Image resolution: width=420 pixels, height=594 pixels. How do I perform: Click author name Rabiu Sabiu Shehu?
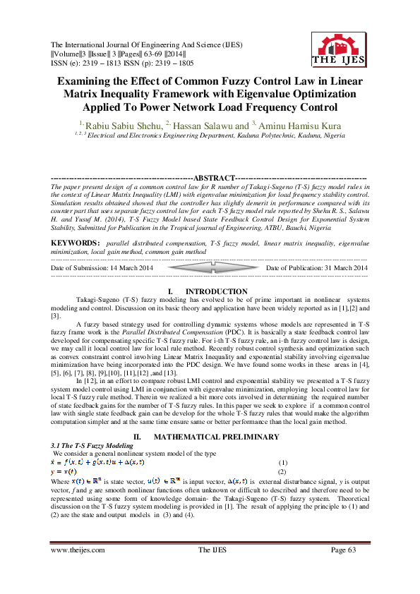[134, 125]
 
